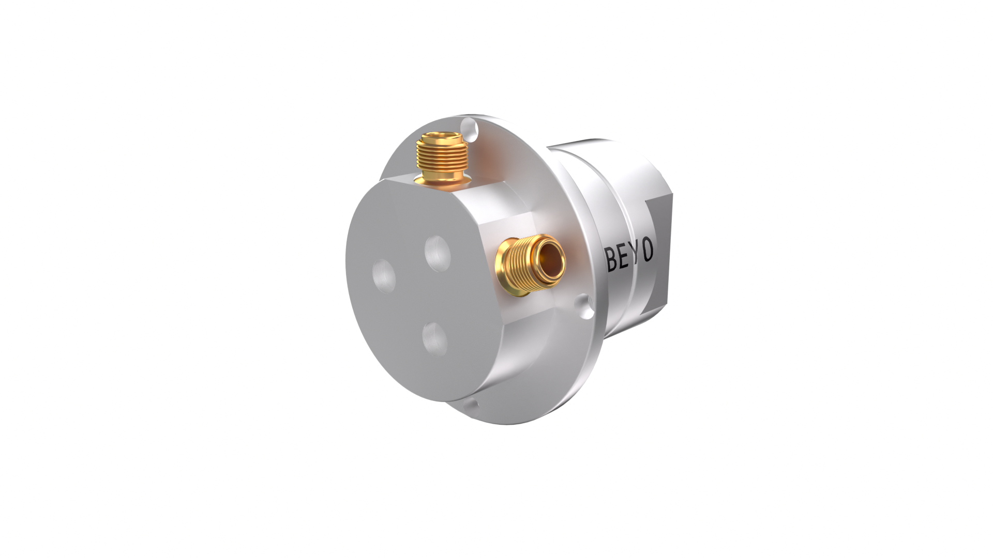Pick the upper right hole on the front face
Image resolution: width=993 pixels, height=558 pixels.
[438, 252]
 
